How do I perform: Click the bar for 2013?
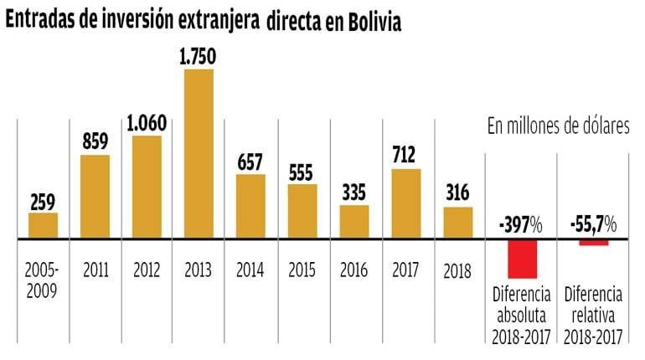198,153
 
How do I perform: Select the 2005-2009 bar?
43,225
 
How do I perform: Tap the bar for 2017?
405,203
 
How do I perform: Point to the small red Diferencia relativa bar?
594,243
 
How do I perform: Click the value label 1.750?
198,58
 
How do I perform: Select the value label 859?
95,142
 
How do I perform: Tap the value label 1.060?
147,123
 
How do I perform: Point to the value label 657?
250,162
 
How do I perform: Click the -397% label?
519,224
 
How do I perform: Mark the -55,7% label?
593,224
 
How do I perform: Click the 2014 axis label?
250,270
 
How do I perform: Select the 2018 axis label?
457,271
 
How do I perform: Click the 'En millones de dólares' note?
558,126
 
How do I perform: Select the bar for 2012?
147,187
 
